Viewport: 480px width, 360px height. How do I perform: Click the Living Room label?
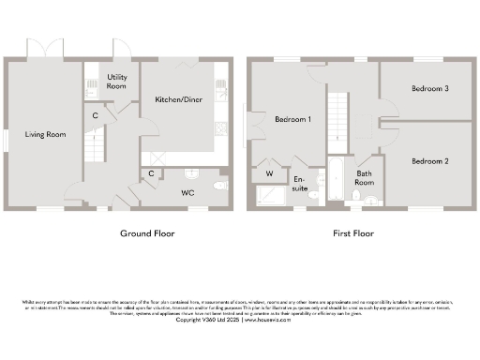coord(45,135)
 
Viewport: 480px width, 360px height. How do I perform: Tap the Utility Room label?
coord(117,82)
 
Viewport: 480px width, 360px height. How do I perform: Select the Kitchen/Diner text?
coord(174,98)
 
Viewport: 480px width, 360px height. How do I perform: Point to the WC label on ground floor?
coord(187,191)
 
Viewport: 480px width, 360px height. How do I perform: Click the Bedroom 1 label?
coord(292,120)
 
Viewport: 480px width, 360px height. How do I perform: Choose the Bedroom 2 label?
coord(429,161)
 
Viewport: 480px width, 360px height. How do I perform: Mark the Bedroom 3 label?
coord(429,89)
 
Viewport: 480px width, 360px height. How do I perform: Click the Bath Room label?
coord(364,178)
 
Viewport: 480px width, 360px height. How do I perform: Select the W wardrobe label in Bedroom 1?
coord(269,173)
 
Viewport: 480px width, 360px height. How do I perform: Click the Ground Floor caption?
coord(145,233)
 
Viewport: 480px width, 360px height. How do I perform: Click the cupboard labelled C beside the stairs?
coord(96,115)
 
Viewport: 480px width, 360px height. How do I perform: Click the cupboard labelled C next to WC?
coord(151,173)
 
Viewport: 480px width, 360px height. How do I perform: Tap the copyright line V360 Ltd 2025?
coord(239,320)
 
